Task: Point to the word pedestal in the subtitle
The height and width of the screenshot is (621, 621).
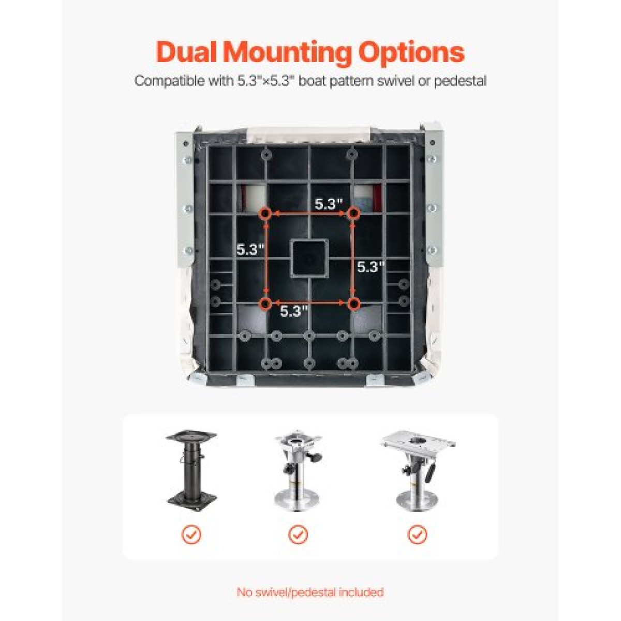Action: coord(460,81)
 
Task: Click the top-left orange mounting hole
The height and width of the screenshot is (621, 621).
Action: coord(265,213)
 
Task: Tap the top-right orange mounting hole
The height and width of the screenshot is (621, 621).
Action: coord(353,213)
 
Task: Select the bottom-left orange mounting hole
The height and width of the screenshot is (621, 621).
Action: coord(265,304)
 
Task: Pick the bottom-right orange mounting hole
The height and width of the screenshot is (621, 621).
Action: coord(353,304)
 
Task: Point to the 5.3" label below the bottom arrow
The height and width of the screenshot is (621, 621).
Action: coord(294,311)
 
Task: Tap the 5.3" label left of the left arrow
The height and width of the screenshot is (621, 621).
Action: coord(250,250)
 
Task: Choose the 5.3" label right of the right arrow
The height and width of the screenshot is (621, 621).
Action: coord(371,267)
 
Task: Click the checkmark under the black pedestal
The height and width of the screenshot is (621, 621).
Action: coord(191,535)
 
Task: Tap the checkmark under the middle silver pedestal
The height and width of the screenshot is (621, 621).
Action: coord(298,535)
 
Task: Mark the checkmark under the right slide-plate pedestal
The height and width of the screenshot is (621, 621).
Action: coord(417,535)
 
